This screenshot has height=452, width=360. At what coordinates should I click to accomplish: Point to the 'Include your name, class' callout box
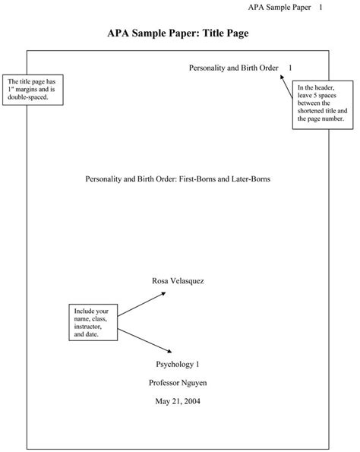[92, 322]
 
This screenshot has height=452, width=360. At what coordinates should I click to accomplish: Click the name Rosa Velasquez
[178, 280]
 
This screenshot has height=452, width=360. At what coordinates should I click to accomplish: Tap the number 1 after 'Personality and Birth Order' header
[289, 68]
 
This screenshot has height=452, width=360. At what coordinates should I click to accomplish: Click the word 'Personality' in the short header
[206, 68]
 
